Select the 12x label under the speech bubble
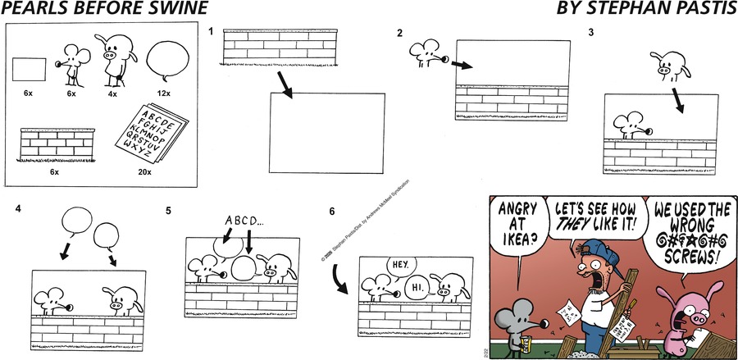164,93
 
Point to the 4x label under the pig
114,93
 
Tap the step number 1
211,33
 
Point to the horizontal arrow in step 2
462,65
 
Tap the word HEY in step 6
399,265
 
